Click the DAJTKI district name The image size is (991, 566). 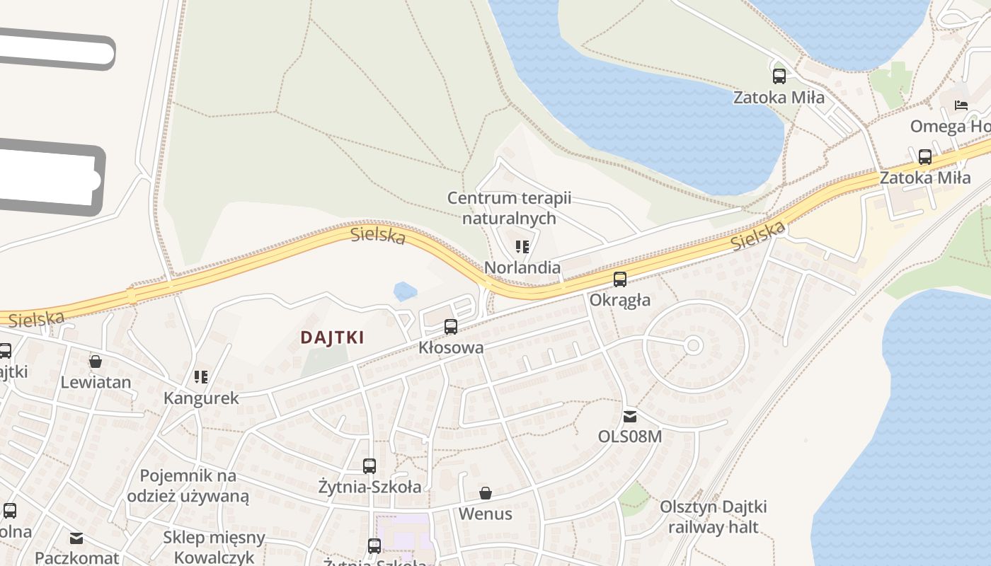(332, 337)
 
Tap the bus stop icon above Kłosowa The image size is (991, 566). (451, 327)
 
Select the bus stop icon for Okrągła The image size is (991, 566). (620, 279)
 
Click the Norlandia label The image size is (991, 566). (522, 267)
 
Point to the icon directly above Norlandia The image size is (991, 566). (522, 247)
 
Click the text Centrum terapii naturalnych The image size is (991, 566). (509, 208)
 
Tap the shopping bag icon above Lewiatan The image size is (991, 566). (96, 362)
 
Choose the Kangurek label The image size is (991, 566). (201, 398)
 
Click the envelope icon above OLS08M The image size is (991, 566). (630, 416)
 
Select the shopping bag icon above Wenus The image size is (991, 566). (486, 493)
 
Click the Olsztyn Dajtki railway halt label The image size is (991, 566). (713, 517)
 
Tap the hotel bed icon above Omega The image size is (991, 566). (961, 105)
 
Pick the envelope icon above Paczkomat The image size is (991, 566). (76, 538)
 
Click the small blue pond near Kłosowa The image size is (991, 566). (405, 291)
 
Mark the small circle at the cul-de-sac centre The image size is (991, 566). (694, 346)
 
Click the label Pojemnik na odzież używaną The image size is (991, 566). (188, 485)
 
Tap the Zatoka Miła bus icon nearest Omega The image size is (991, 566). (924, 157)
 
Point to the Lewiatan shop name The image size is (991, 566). (96, 383)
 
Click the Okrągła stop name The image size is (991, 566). (620, 300)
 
